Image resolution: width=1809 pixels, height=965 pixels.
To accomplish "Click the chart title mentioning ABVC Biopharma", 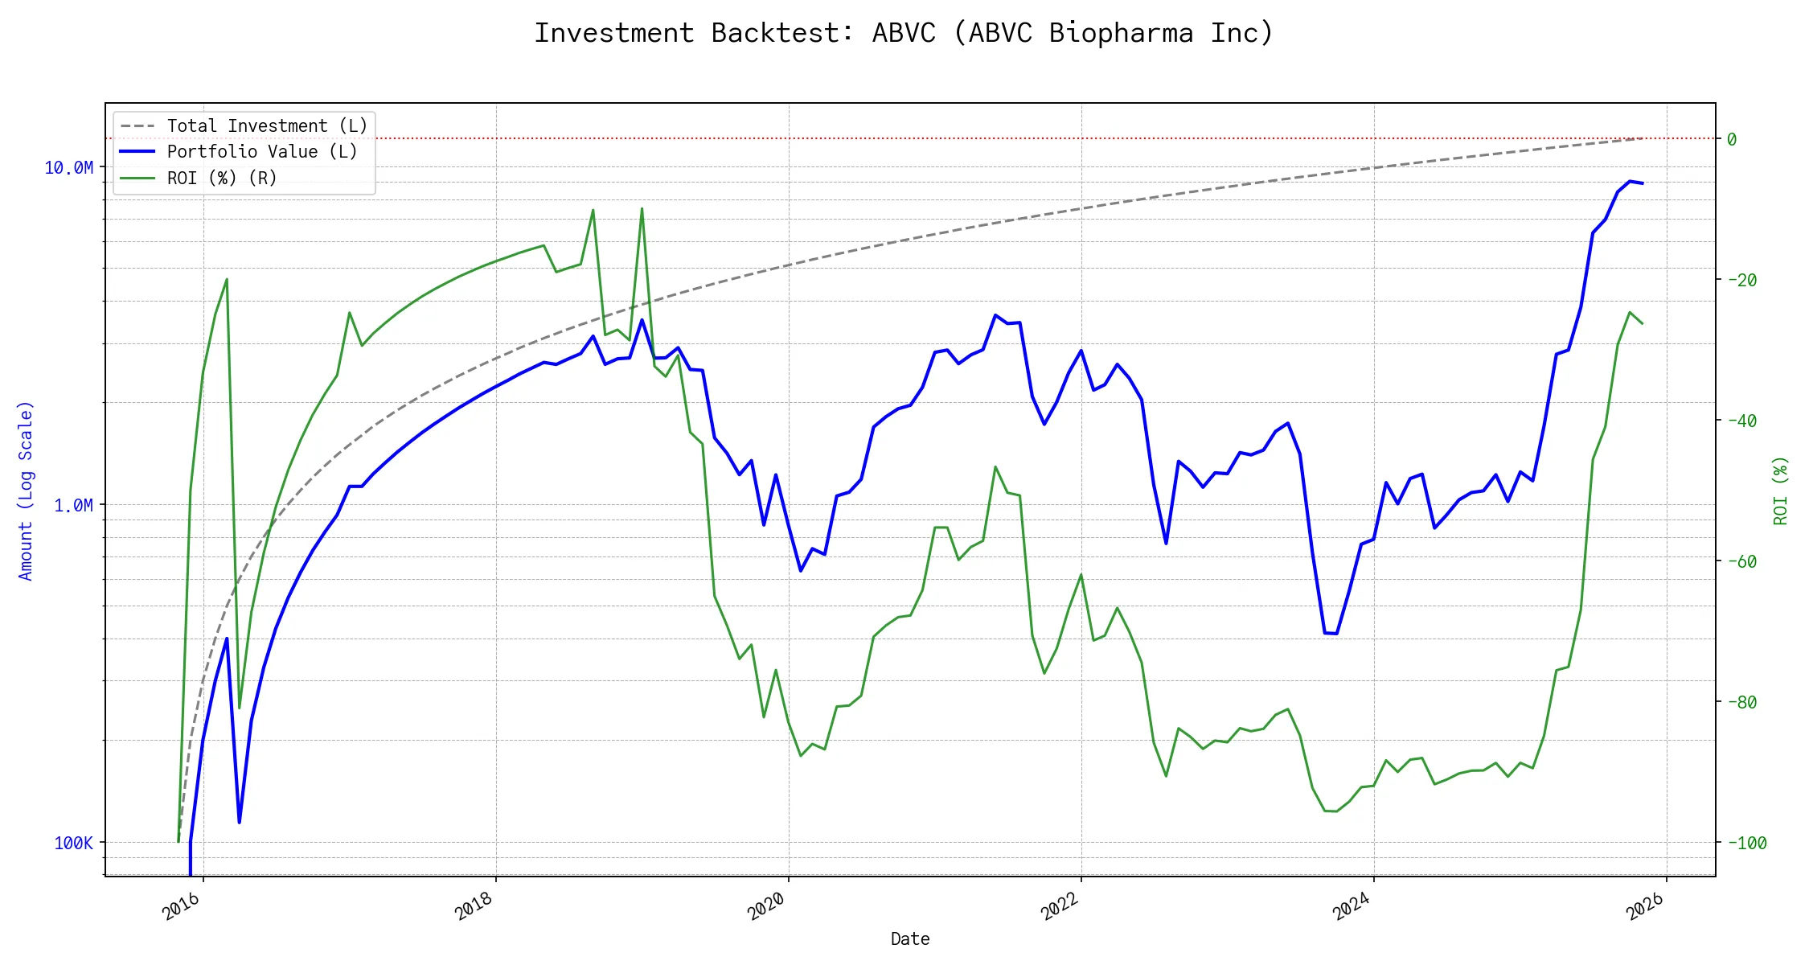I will (904, 33).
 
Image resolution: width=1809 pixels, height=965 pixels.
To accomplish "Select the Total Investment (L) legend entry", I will (266, 126).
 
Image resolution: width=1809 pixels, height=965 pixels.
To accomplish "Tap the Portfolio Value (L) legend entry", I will (261, 152).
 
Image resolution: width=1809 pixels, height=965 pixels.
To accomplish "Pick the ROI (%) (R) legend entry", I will (221, 178).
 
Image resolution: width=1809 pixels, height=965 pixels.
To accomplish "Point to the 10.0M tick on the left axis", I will (68, 167).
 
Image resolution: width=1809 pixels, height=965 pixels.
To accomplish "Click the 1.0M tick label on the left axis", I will (73, 505).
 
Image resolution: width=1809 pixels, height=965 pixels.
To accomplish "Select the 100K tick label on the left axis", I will (73, 843).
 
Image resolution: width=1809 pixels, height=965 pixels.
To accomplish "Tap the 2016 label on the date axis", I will (182, 907).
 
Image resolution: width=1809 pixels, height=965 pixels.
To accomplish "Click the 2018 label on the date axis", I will (474, 907).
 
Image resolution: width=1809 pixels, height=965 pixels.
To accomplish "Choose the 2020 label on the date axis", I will (767, 907).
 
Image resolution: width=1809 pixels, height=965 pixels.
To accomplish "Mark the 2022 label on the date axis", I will (1060, 907).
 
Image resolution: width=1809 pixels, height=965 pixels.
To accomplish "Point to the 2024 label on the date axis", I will (1352, 907).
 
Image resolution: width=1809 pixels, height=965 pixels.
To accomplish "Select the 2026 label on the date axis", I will (1645, 907).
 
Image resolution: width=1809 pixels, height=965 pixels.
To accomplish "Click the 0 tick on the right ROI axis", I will (1732, 139).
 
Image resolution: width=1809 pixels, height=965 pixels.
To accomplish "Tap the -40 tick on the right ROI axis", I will (1741, 421).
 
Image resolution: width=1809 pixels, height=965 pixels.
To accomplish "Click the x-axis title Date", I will (910, 938).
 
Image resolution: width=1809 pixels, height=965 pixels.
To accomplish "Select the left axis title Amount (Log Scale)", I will (26, 491).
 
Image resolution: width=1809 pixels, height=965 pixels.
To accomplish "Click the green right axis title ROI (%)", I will (1781, 491).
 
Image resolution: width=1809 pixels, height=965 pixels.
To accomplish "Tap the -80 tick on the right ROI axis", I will (1741, 702).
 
